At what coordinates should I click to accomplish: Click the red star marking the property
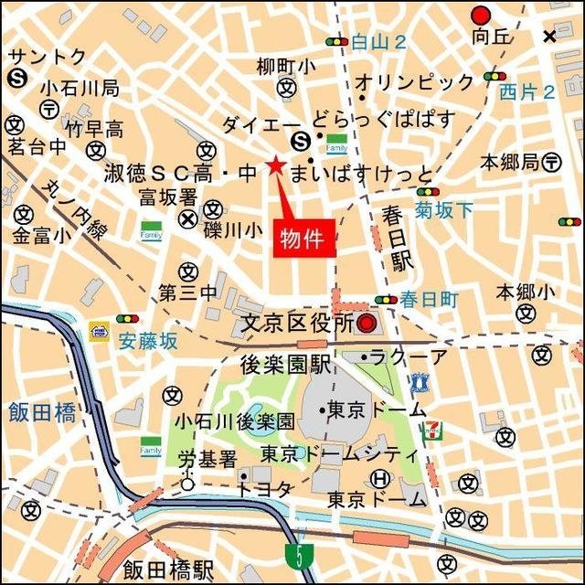tap(274, 165)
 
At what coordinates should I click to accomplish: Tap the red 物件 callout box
tap(306, 239)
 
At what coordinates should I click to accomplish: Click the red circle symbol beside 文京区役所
tap(367, 323)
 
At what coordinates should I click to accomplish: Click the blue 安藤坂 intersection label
tap(148, 342)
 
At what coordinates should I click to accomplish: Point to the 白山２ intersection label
tap(378, 41)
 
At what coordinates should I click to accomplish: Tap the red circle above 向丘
tap(481, 15)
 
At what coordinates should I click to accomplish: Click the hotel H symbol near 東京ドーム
tap(380, 479)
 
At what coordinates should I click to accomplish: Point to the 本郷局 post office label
tap(510, 163)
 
